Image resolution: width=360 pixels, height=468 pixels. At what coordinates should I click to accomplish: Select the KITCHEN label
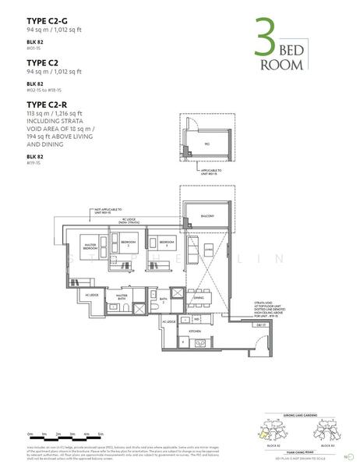click(185, 331)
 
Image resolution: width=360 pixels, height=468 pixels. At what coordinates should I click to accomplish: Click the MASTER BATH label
click(122, 297)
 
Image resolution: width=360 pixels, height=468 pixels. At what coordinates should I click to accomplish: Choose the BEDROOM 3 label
click(167, 243)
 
